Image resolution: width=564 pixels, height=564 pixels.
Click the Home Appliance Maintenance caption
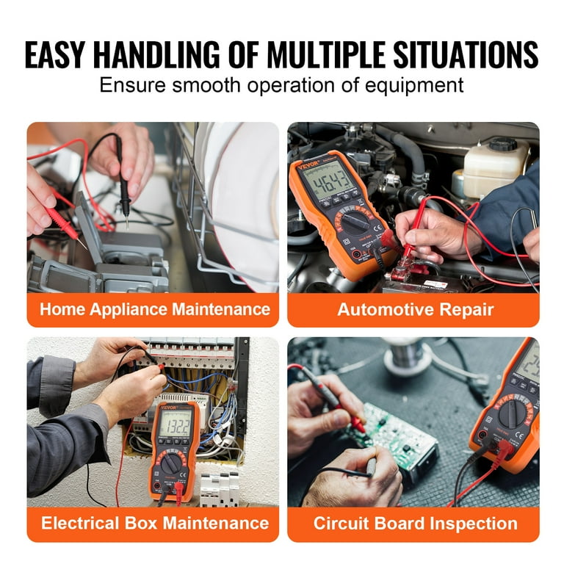coord(154,309)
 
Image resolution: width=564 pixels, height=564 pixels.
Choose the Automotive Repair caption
coord(414,309)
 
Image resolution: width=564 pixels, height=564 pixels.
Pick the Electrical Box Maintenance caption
coord(154,524)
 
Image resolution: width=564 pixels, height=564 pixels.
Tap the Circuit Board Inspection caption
coord(414,524)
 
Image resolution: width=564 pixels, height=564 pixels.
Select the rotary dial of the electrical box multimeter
coord(171,463)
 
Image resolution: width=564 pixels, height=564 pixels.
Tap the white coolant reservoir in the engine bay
coord(496,165)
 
